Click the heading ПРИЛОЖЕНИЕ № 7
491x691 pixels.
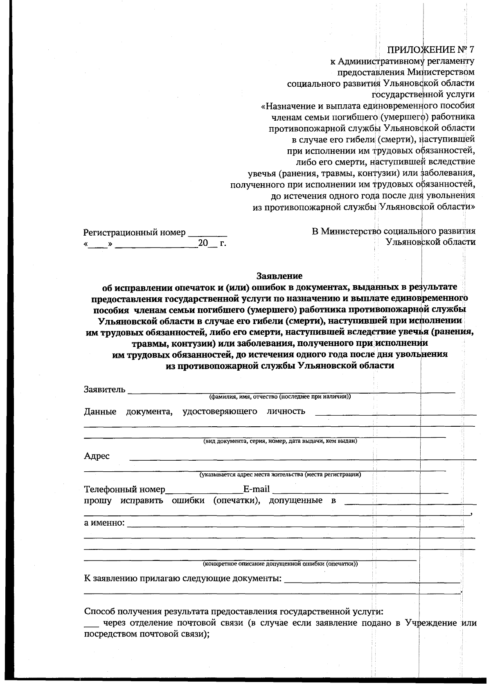431,50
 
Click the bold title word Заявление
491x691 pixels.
279,276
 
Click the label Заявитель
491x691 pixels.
105,389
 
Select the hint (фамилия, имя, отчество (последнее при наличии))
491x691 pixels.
280,396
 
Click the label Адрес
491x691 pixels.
97,456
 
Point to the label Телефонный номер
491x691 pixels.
124,489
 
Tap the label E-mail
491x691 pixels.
257,489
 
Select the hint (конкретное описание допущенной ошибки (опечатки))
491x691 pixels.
280,564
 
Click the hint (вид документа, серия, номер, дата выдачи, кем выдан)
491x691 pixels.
280,441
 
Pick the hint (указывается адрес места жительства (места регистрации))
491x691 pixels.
280,475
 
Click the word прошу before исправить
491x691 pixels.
97,500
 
